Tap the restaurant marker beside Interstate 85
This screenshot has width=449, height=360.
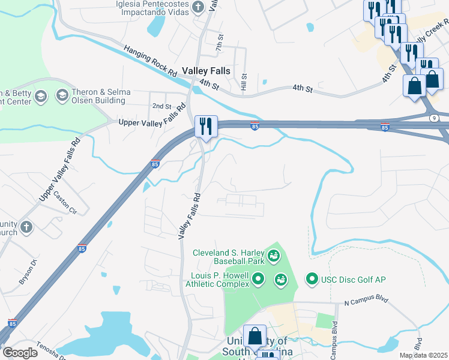point(206,126)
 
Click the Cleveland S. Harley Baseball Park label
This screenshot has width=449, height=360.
point(229,257)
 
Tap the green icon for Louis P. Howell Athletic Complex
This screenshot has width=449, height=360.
point(259,278)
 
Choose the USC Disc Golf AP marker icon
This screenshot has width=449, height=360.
point(312,278)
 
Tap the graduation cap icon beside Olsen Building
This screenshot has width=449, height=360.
point(62,95)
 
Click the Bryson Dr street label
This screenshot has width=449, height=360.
point(27,272)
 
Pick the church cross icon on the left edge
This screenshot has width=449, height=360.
point(26,227)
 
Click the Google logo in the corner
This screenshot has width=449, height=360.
point(20,353)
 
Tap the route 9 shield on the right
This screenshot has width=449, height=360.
point(433,118)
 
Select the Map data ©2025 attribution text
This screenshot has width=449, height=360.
point(423,355)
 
